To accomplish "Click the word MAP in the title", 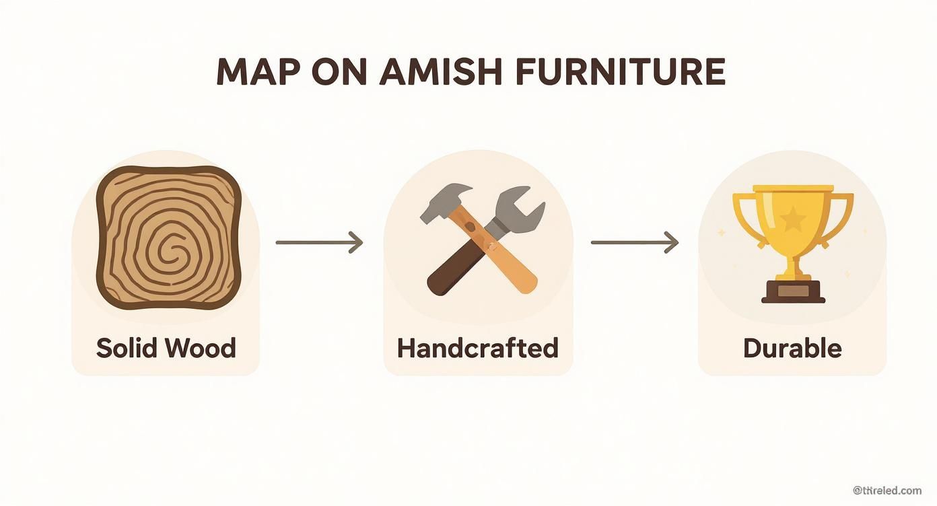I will click(x=258, y=72).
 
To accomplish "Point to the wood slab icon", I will click(x=168, y=237).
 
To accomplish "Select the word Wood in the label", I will click(x=201, y=348).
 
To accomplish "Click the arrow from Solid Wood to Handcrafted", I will click(x=319, y=242).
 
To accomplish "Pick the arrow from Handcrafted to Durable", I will click(x=634, y=242).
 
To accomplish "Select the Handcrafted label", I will click(x=477, y=348).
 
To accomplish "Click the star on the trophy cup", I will click(x=792, y=219).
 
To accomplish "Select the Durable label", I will click(x=792, y=348).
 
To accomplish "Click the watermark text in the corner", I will click(x=887, y=491).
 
